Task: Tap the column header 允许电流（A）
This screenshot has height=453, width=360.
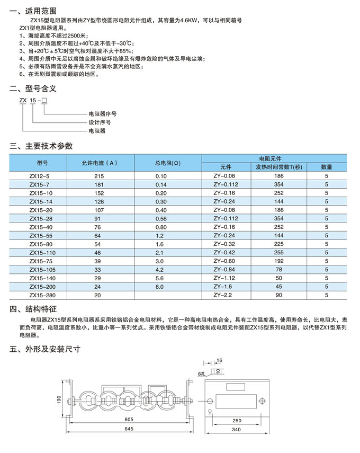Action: coord(99,163)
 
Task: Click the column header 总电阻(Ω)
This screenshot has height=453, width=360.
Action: coord(168,163)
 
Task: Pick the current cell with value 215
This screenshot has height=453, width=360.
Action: coord(99,176)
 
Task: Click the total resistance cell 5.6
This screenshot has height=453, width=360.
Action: coord(161,278)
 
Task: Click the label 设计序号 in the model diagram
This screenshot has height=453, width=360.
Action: coord(100,122)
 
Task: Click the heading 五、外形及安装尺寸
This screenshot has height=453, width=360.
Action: coord(45,350)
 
